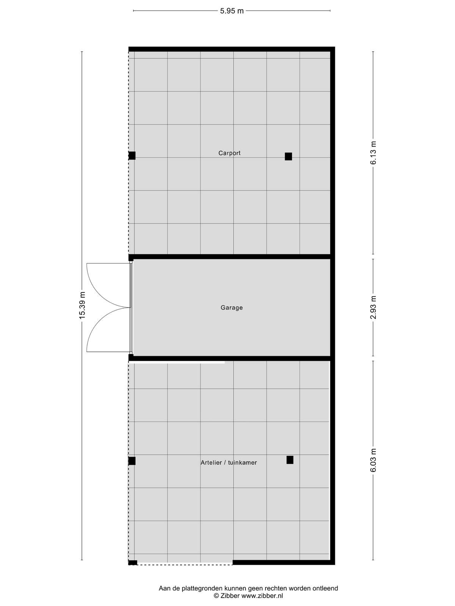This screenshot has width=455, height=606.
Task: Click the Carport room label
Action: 229,153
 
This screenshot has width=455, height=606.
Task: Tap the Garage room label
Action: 232,308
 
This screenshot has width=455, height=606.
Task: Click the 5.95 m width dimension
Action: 232,11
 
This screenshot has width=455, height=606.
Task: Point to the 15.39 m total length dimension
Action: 82,305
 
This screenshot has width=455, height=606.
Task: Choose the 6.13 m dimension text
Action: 373,153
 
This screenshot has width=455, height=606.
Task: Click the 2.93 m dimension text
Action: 373,307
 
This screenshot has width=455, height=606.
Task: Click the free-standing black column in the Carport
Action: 289,156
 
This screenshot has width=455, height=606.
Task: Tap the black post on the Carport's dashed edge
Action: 132,156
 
